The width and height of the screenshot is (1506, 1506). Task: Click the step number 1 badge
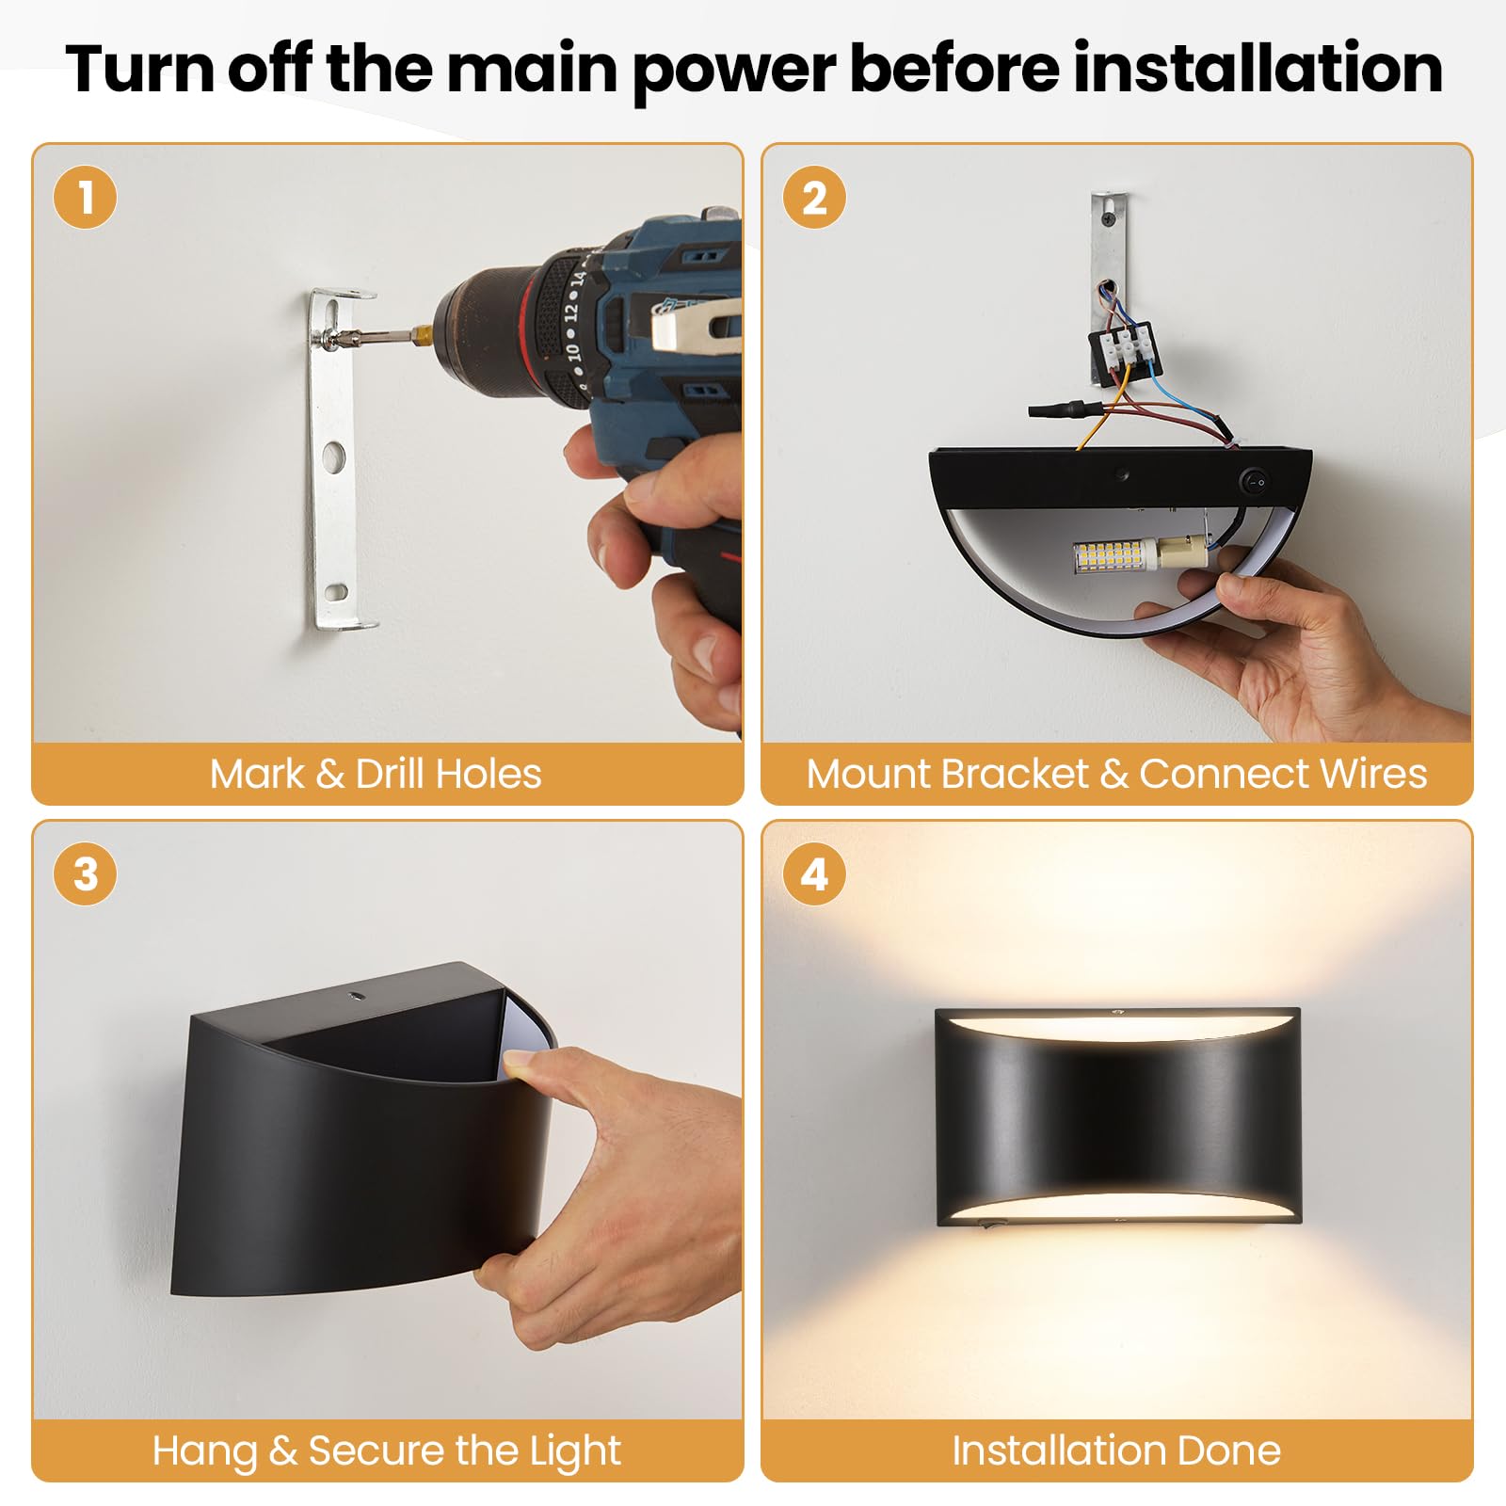pos(86,199)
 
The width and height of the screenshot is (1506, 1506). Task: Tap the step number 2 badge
pos(814,199)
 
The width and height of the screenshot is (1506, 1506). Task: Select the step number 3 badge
pos(86,874)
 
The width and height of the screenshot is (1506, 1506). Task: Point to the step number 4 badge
pos(814,874)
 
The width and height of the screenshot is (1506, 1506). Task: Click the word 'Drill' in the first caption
pos(390,774)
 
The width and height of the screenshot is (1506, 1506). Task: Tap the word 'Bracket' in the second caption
pos(1014,774)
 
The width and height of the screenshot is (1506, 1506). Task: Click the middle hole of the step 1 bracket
pos(333,457)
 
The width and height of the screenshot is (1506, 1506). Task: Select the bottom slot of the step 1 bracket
pos(335,592)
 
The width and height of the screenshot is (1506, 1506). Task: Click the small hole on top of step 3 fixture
pos(357,995)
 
